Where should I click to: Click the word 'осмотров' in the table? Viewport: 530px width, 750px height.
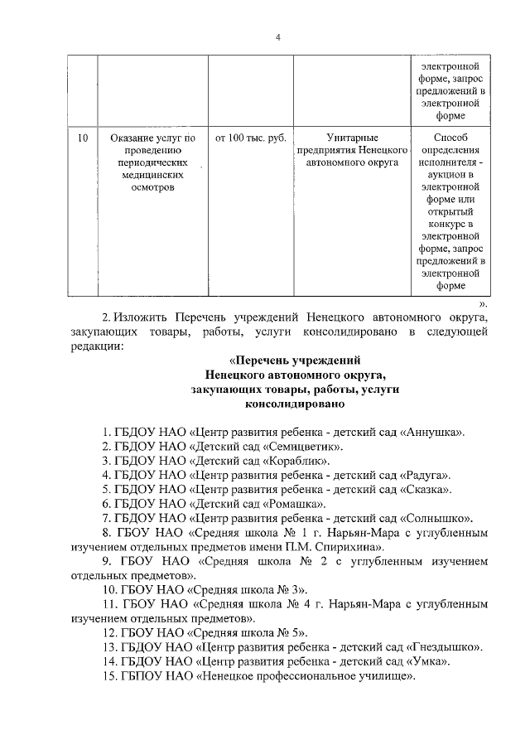(x=152, y=189)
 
